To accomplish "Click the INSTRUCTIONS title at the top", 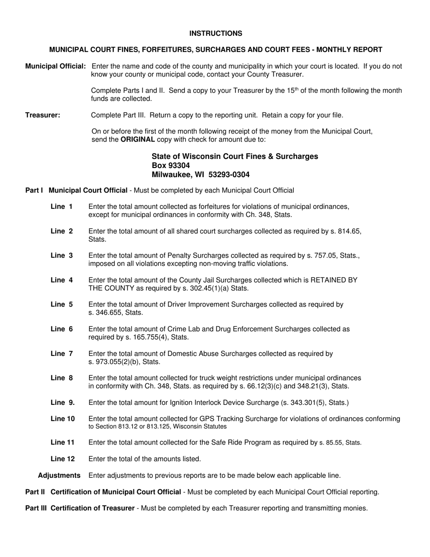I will (x=215, y=34).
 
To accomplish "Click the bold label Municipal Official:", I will (x=55, y=66).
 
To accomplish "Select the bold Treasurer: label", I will (x=43, y=115).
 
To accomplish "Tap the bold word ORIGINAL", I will (x=138, y=139).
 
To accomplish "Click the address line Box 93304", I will (x=171, y=165).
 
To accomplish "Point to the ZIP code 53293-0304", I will (x=229, y=174).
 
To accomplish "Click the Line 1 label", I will (x=62, y=206).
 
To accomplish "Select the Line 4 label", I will (x=62, y=280).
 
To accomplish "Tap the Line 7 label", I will (x=62, y=353).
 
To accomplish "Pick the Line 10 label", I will (x=62, y=418).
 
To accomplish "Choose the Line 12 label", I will (x=62, y=459).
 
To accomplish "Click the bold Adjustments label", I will (x=59, y=475).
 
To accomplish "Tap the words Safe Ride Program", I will (x=256, y=442).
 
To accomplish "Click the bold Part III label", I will (x=36, y=508).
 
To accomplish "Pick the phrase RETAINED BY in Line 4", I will (x=334, y=280).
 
